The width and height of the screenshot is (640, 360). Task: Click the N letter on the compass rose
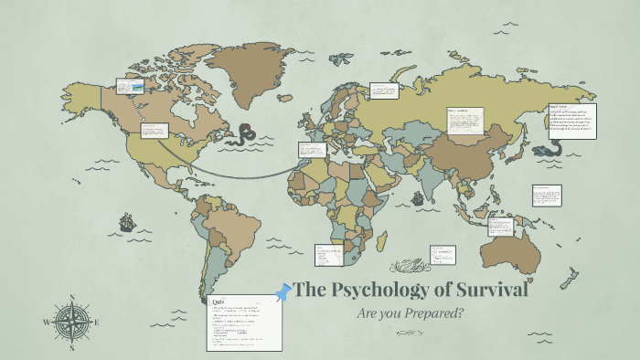[71, 298]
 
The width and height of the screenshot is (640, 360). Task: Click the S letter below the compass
[71, 347]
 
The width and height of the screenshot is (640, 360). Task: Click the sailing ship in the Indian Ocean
[418, 197]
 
